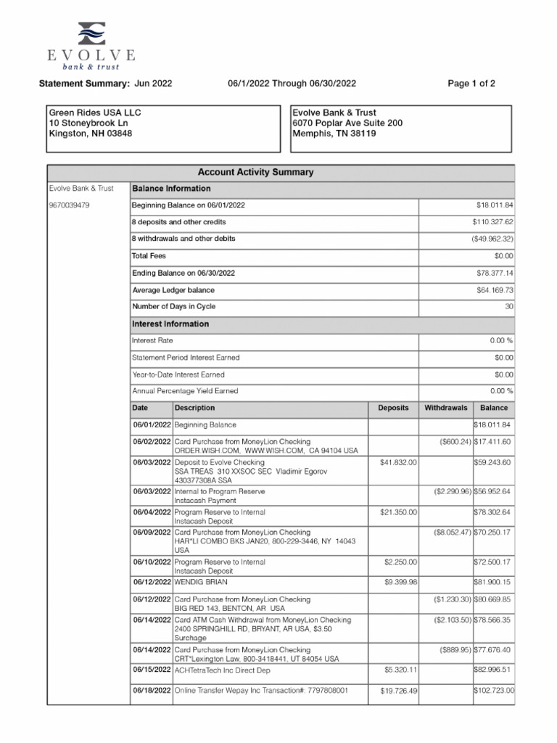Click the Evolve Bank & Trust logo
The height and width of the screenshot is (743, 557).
[x=91, y=44]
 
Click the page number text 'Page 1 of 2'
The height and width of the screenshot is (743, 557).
[x=471, y=83]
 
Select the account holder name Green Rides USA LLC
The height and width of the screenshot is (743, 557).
[x=95, y=113]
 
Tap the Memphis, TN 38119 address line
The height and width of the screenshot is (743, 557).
[x=334, y=134]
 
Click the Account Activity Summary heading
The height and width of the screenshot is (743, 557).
[x=255, y=173]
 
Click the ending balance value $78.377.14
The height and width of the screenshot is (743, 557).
[x=495, y=273]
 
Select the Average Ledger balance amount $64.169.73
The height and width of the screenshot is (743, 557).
[x=495, y=290]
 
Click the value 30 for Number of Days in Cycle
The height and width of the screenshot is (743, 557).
[x=508, y=307]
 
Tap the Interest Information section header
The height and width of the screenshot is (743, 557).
[x=170, y=324]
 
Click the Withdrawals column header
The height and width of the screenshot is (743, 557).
[x=445, y=409]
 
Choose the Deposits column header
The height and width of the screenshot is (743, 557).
[x=393, y=409]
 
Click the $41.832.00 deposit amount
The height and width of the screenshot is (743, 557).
[x=398, y=462]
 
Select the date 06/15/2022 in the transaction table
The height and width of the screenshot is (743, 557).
[x=151, y=670]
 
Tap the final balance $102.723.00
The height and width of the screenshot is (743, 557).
[x=493, y=691]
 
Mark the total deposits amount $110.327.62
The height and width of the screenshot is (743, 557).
[x=492, y=221]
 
